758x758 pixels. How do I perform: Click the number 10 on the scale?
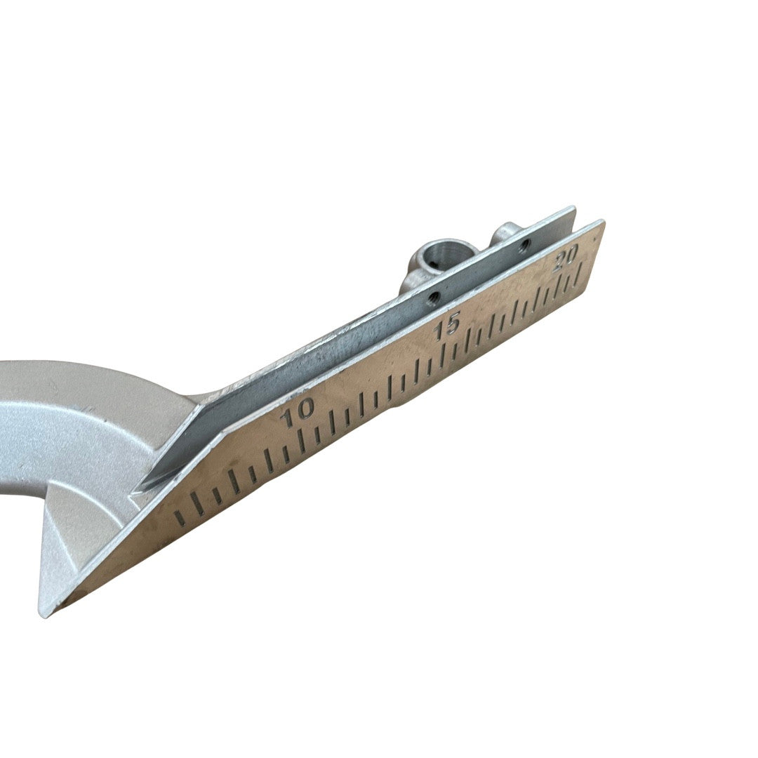pyautogui.click(x=299, y=413)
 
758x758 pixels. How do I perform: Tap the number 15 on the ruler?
pyautogui.click(x=446, y=327)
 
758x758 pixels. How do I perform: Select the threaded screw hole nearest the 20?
pyautogui.click(x=524, y=246)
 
